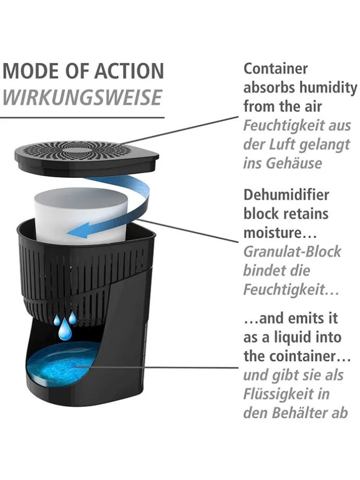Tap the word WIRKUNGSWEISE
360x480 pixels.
coord(82,97)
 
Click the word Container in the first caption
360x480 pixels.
coord(276,68)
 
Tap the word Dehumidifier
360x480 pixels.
coord(286,195)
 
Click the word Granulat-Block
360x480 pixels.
coord(292,251)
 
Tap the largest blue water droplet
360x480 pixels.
coord(65,331)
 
